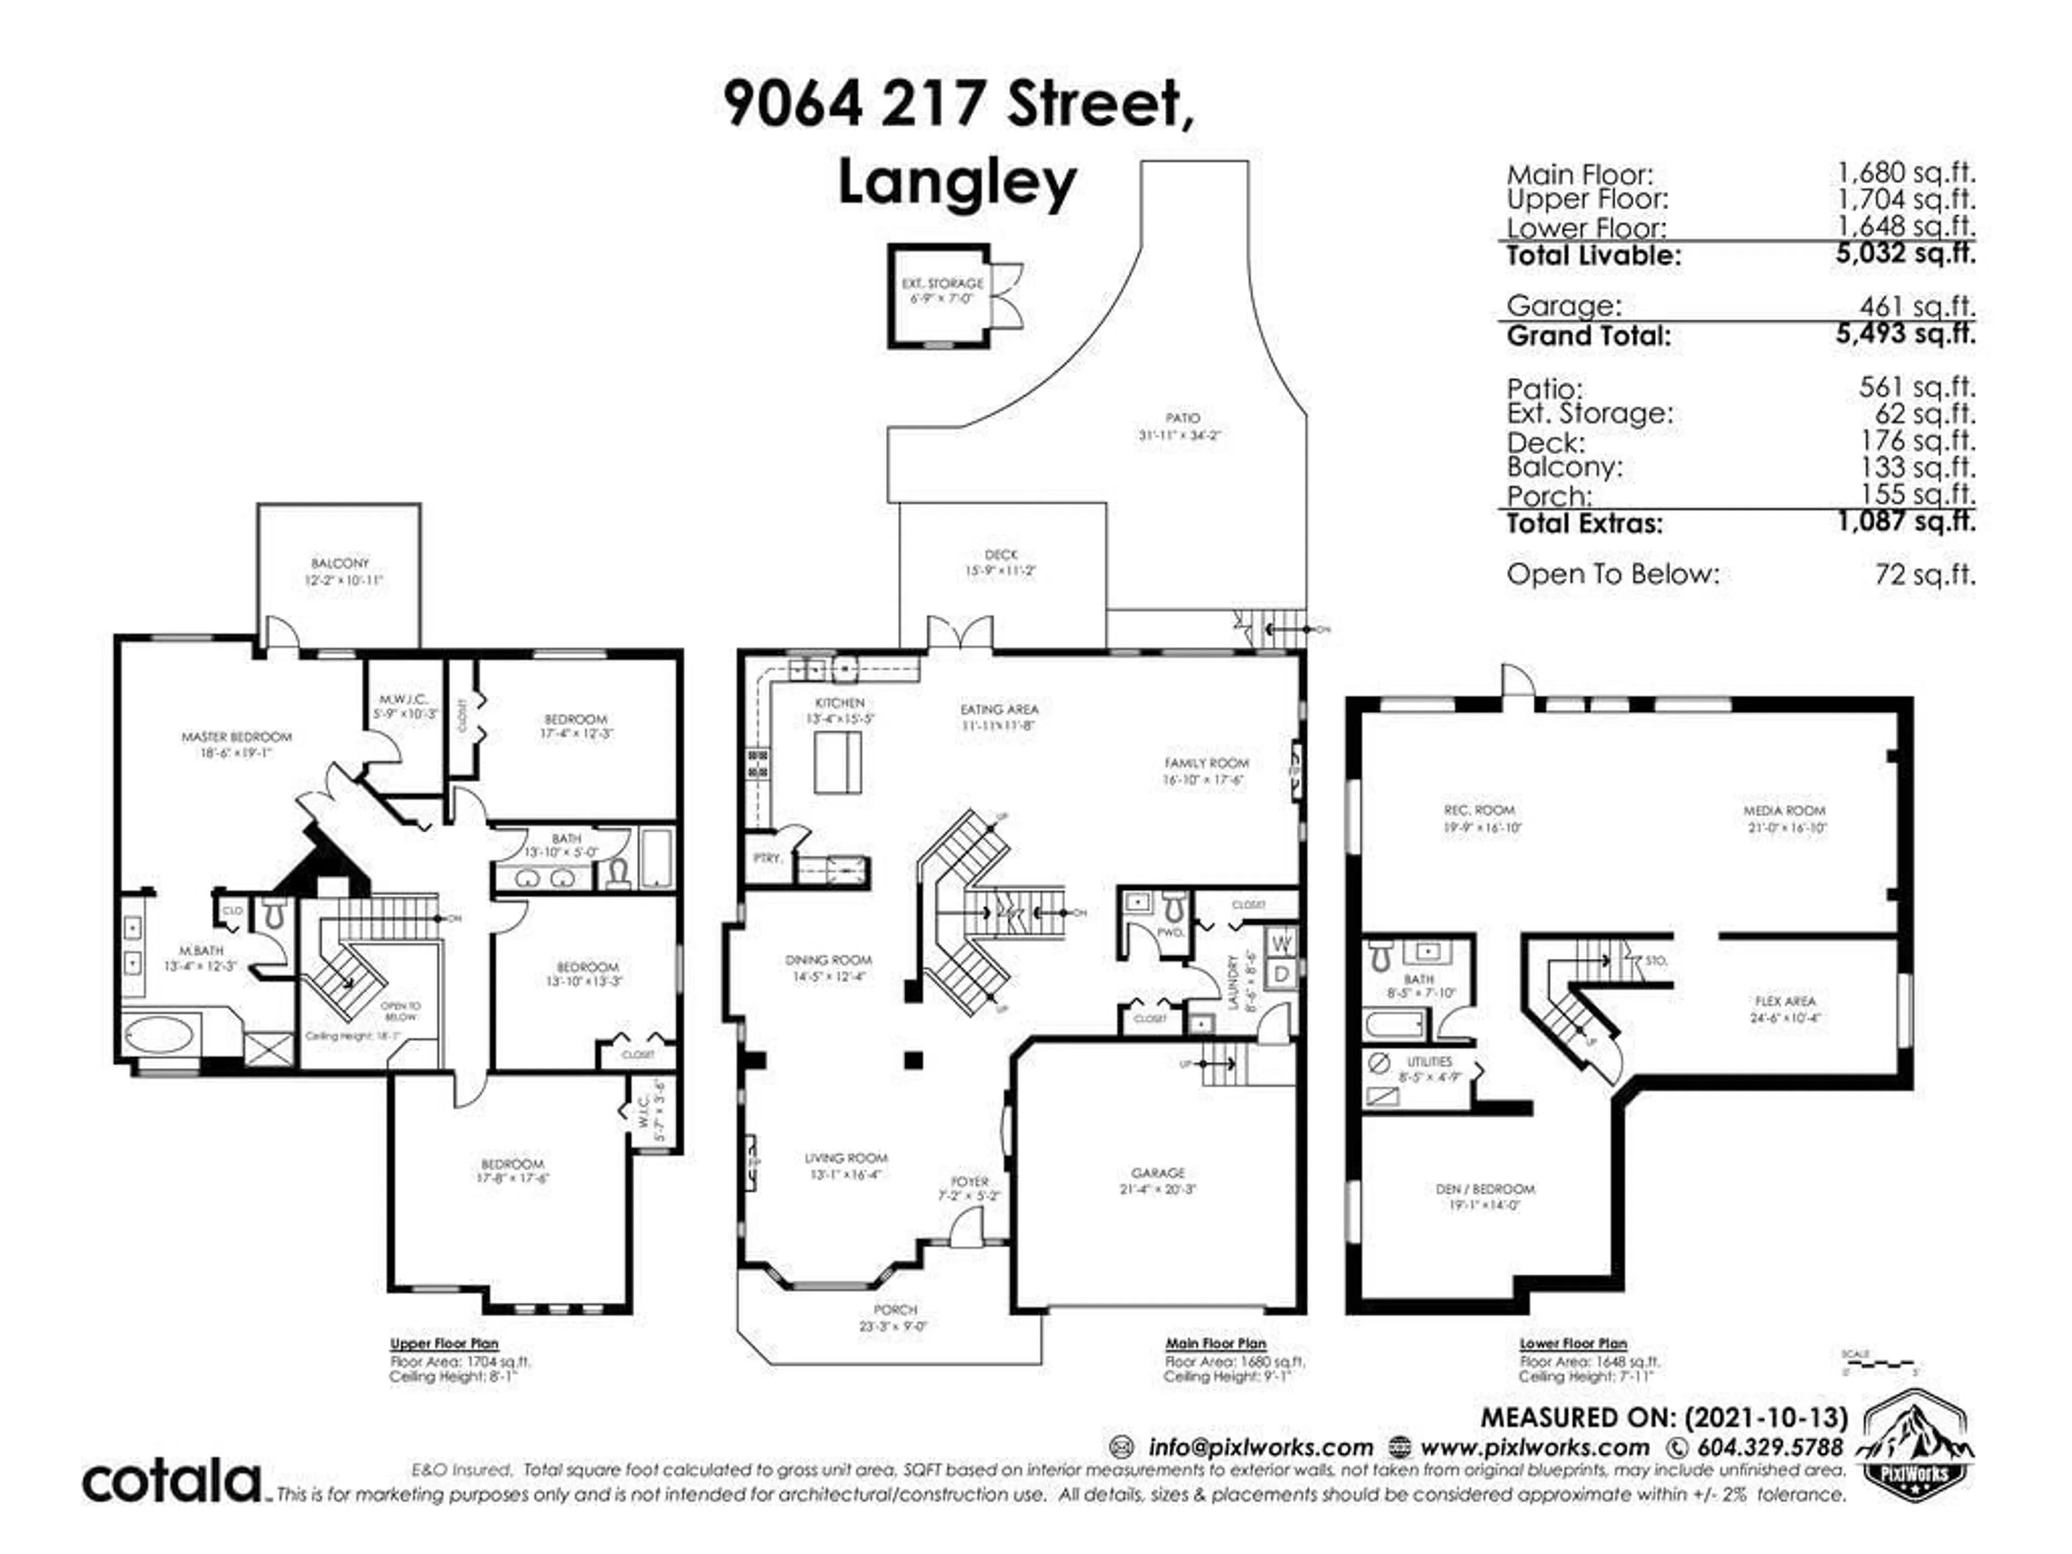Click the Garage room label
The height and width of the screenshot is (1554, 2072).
click(1158, 1173)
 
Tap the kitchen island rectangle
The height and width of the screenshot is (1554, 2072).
click(837, 764)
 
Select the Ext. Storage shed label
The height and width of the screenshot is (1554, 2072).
click(942, 283)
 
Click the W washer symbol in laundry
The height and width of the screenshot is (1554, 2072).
click(1283, 942)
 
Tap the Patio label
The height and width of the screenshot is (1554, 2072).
click(1182, 418)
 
